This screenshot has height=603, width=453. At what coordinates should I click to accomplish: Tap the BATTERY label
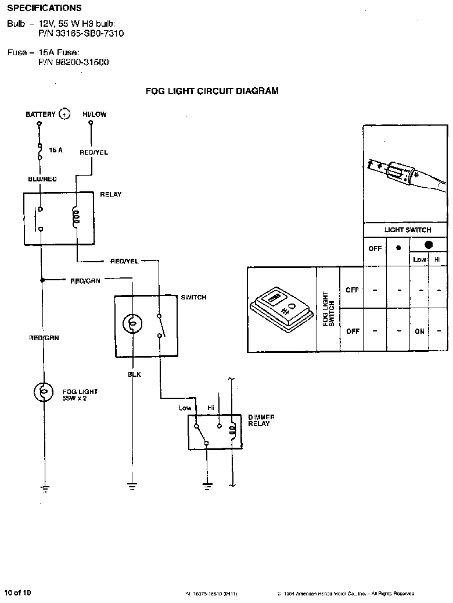(40, 115)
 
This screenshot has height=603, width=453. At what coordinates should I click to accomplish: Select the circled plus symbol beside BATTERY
(64, 114)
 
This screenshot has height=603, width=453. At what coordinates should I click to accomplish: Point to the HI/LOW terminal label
(95, 115)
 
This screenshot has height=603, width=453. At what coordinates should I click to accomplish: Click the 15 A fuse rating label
(56, 150)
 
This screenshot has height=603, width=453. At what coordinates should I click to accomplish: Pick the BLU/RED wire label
(42, 179)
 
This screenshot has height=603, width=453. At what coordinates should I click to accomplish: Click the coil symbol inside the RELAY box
(75, 217)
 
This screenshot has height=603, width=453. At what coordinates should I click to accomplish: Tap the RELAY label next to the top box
(111, 194)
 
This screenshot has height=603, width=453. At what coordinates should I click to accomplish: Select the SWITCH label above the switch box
(193, 297)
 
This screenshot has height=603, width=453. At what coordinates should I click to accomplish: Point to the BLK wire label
(134, 374)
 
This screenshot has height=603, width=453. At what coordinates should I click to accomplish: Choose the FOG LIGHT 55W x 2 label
(80, 394)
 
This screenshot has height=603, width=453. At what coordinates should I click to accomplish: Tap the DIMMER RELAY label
(261, 420)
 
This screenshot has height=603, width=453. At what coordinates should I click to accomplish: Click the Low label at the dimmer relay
(185, 408)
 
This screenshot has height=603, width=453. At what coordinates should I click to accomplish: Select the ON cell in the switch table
(420, 331)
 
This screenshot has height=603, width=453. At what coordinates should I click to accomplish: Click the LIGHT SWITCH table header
(408, 230)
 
